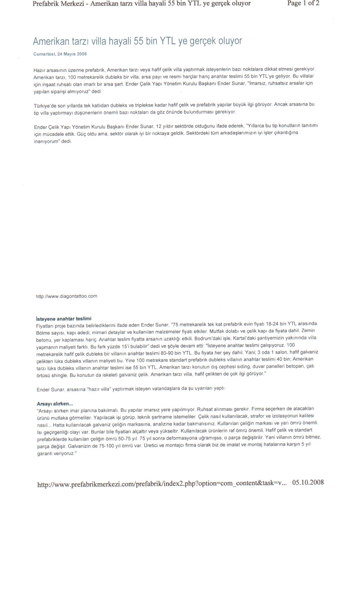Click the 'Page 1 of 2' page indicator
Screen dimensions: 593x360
303,3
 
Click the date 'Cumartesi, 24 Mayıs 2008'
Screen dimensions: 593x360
60,54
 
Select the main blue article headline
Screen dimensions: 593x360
138,41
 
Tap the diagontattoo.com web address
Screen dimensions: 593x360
66,296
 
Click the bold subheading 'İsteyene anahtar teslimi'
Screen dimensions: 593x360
64,319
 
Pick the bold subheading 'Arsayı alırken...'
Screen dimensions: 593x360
55,404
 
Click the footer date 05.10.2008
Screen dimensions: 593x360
308,482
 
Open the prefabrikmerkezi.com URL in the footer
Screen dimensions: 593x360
162,484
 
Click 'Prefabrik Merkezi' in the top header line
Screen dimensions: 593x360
58,4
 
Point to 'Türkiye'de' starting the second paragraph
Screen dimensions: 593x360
45,106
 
